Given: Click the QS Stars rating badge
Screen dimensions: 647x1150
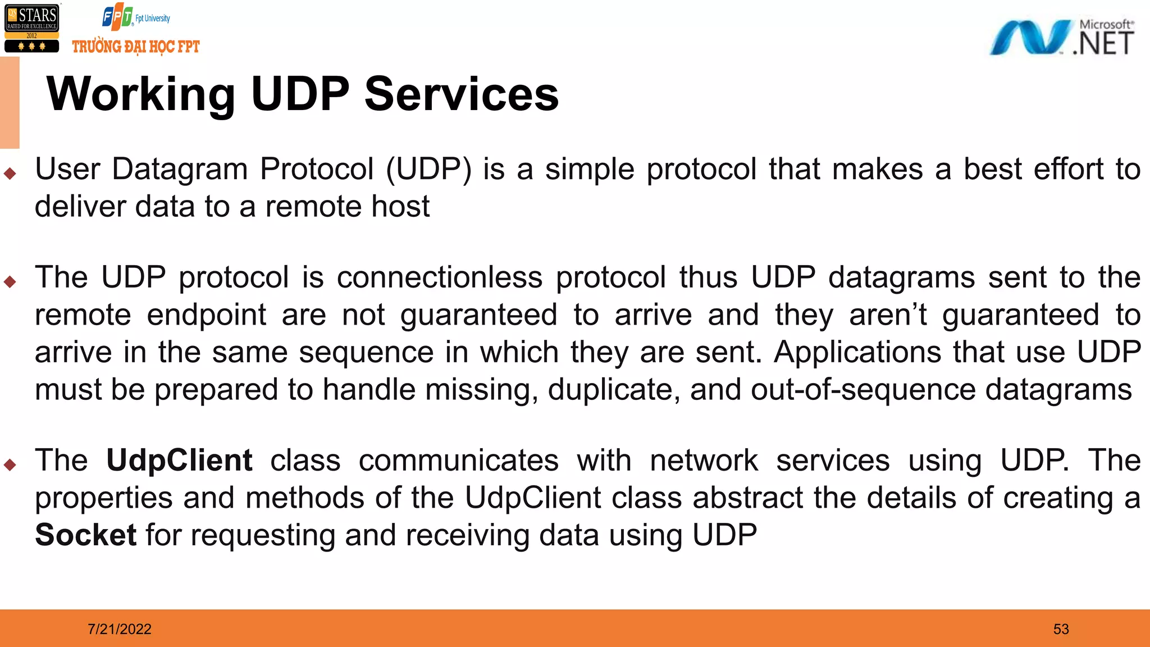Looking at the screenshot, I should [x=31, y=28].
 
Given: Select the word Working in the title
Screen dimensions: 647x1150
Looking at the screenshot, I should [x=140, y=94].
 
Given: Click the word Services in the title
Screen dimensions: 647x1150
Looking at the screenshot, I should [x=462, y=94].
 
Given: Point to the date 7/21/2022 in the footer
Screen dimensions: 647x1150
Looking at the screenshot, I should [x=120, y=629].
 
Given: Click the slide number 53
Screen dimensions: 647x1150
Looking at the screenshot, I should [x=1061, y=629].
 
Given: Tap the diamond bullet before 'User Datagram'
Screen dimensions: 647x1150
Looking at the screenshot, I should [x=10, y=174].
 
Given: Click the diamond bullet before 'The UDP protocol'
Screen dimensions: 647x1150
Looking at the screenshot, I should [x=10, y=281].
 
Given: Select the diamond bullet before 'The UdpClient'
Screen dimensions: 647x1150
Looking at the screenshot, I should [x=10, y=464].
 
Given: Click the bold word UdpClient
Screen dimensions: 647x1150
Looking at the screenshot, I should [x=179, y=461].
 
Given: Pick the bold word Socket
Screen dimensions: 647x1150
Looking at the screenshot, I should [x=85, y=535].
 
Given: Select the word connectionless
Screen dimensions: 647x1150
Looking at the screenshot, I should [x=440, y=277].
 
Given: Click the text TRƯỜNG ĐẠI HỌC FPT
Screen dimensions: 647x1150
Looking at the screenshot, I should [x=136, y=47].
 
